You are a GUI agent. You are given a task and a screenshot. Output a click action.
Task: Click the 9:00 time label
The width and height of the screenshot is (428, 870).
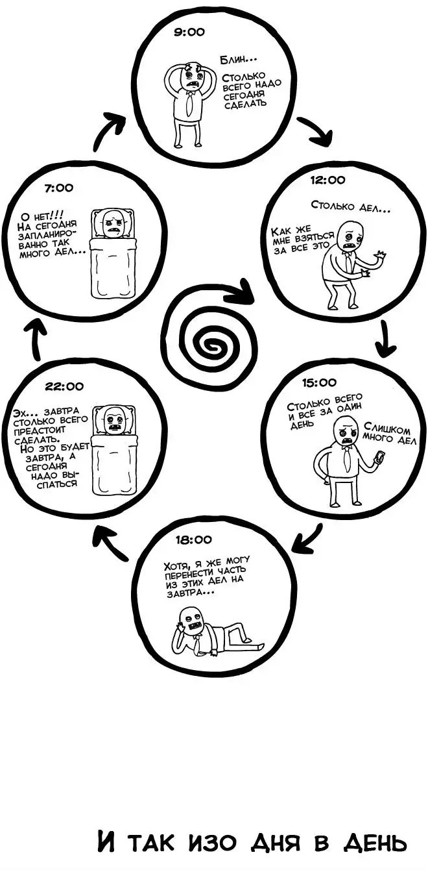[x=189, y=32]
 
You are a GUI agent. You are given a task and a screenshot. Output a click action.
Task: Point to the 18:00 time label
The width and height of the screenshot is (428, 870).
[x=193, y=539]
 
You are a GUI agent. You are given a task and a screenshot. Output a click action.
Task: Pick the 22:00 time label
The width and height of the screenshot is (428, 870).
[x=64, y=386]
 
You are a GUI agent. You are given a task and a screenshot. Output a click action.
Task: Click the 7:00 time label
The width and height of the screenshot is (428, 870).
[x=59, y=188]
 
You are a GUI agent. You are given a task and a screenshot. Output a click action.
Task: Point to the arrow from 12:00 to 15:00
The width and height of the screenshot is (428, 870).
[x=386, y=340]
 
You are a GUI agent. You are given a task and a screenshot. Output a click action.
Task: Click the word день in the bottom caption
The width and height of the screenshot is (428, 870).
[x=374, y=842]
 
